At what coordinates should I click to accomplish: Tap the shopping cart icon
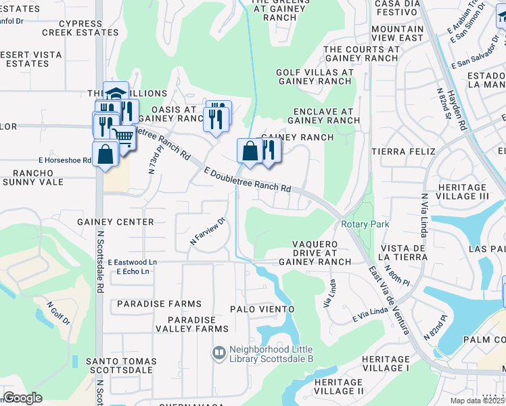click(x=123, y=137)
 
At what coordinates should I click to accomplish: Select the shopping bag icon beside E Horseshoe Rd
click(x=106, y=154)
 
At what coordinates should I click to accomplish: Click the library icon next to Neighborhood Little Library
click(x=218, y=353)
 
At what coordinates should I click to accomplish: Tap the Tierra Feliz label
click(x=403, y=151)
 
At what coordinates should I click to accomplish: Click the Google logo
click(x=23, y=398)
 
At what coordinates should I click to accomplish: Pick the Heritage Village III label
click(x=463, y=191)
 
